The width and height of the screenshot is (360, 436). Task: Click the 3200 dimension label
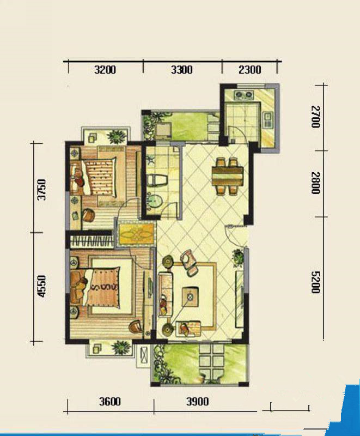(105, 70)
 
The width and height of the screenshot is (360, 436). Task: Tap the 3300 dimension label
(182, 70)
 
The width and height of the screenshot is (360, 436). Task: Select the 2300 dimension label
(250, 70)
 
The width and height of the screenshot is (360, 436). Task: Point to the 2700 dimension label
(315, 117)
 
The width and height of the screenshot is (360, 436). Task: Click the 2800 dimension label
(315, 183)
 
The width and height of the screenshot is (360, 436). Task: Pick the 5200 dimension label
(315, 282)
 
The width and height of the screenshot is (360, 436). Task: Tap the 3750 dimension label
(42, 189)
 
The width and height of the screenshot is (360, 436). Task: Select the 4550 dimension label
(42, 286)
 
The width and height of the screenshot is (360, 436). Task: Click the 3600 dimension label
(110, 402)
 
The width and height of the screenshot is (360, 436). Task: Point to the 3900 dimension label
(198, 402)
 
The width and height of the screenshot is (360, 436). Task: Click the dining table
(228, 175)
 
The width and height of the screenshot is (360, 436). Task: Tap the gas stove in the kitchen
(244, 95)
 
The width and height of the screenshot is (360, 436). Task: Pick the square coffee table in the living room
(190, 296)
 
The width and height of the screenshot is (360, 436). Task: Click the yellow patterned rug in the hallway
(136, 234)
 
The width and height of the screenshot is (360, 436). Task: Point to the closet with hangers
(92, 241)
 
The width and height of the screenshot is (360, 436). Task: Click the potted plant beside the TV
(238, 257)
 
